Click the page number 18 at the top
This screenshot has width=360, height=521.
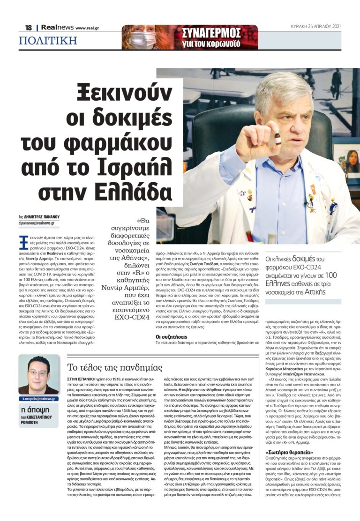pyautogui.click(x=28, y=28)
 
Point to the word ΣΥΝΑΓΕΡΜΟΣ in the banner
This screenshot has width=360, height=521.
pyautogui.click(x=211, y=33)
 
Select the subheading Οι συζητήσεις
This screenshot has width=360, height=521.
pyautogui.click(x=172, y=336)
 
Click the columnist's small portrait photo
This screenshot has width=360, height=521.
pyautogui.click(x=39, y=375)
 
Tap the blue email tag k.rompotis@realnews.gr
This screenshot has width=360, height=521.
pyautogui.click(x=39, y=399)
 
